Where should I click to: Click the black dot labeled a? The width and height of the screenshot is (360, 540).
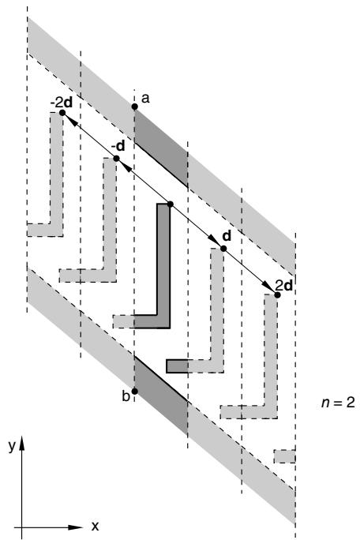pyautogui.click(x=135, y=107)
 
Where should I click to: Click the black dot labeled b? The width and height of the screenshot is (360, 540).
pyautogui.click(x=135, y=392)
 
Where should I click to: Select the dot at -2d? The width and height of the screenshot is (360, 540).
pyautogui.click(x=62, y=113)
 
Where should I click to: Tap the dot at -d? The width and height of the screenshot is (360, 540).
pyautogui.click(x=116, y=159)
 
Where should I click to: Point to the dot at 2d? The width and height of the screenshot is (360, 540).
pyautogui.click(x=277, y=294)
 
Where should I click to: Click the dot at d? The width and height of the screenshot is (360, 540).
pyautogui.click(x=223, y=249)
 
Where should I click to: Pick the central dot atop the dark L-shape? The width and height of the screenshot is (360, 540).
pyautogui.click(x=170, y=204)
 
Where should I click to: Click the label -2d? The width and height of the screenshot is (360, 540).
pyautogui.click(x=62, y=103)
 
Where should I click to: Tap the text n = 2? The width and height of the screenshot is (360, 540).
pyautogui.click(x=338, y=403)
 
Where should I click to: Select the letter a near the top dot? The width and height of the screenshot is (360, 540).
pyautogui.click(x=146, y=99)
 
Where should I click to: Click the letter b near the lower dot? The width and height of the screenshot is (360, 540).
pyautogui.click(x=126, y=396)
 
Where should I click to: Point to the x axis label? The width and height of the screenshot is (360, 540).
pyautogui.click(x=95, y=526)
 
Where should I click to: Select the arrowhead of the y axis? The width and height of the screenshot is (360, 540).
pyautogui.click(x=21, y=443)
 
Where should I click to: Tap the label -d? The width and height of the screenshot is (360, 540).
pyautogui.click(x=118, y=146)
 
